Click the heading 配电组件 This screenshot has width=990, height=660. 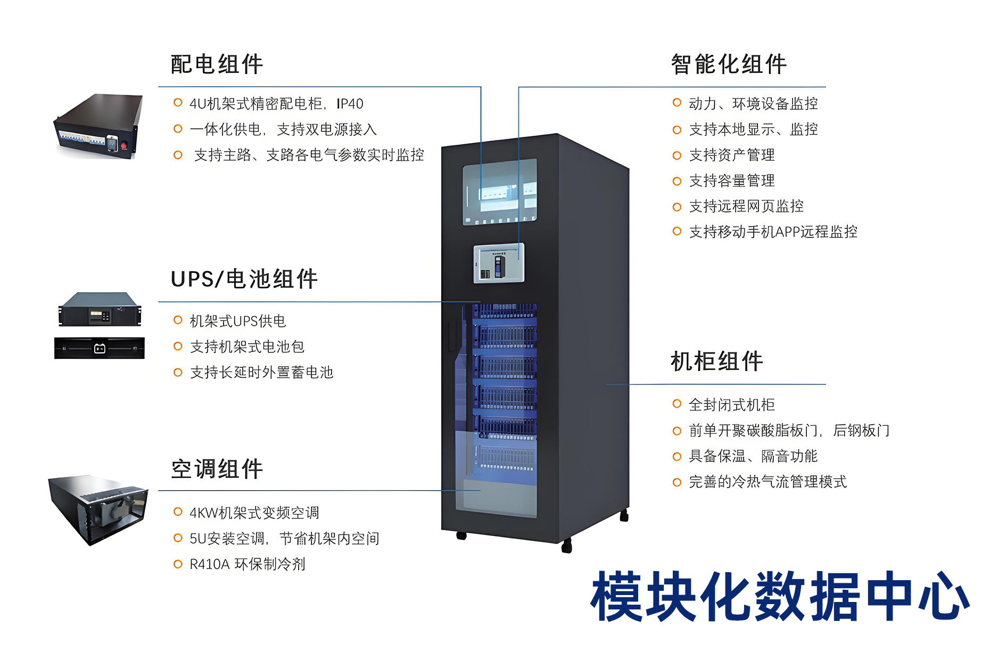point(217,64)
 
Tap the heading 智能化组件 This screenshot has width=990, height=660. point(729,64)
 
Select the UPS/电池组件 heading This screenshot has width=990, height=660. point(244,279)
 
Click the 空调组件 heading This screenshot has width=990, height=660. point(217,469)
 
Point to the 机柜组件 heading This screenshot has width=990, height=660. point(716,361)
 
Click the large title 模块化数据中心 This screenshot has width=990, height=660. point(779,597)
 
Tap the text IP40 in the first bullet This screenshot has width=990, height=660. point(350,104)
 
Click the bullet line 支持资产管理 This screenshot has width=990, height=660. point(731,155)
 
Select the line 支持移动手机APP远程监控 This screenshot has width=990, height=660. point(773,232)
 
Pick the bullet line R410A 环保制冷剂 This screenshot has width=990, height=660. point(247,564)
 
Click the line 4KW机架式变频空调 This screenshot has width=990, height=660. point(254,513)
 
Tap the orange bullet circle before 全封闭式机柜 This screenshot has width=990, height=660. point(676,404)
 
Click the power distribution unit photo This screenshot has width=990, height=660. point(99,127)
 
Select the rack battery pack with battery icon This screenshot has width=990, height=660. point(100,348)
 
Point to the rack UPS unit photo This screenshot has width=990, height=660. point(100,309)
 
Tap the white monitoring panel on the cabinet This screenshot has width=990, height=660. point(499,263)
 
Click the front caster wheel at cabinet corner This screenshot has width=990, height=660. point(566,546)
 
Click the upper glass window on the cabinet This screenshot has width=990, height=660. point(499,192)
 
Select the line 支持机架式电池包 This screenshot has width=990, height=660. point(247,346)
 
